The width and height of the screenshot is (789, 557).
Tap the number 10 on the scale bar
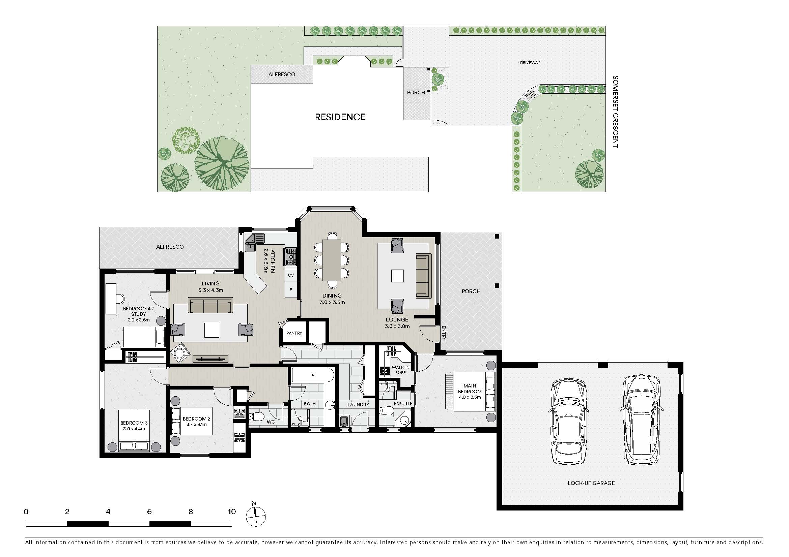click(x=232, y=512)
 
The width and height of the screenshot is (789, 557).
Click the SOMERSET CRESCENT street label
click(x=615, y=112)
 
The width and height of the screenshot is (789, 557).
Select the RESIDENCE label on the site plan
click(x=340, y=117)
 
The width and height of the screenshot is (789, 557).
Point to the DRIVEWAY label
click(x=530, y=62)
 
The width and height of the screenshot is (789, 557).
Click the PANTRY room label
click(x=294, y=333)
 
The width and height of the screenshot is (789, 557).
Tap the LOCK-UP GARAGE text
click(x=591, y=483)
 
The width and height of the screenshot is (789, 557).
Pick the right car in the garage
click(x=642, y=420)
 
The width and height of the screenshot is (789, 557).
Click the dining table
click(x=332, y=260)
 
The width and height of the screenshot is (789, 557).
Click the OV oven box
click(x=291, y=275)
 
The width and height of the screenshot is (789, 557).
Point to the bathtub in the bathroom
click(x=312, y=375)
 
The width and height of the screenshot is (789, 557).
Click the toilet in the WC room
click(x=256, y=417)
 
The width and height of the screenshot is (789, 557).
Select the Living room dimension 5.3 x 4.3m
click(x=210, y=290)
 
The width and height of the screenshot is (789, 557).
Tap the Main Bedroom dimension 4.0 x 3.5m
click(x=470, y=397)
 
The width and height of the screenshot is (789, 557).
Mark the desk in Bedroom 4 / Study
click(x=111, y=299)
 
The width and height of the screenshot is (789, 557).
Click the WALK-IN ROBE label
click(x=401, y=370)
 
